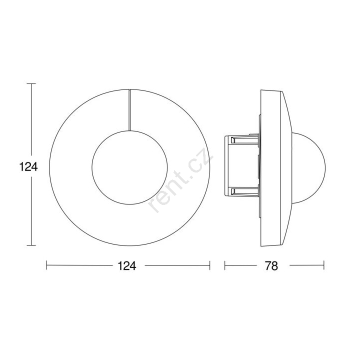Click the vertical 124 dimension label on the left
click(x=28, y=167)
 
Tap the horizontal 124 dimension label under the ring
click(x=127, y=266)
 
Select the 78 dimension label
click(x=271, y=266)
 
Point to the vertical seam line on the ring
click(x=129, y=110)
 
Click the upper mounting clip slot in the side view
click(x=244, y=140)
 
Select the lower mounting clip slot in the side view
click(x=244, y=191)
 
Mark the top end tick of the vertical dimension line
click(x=31, y=84)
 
